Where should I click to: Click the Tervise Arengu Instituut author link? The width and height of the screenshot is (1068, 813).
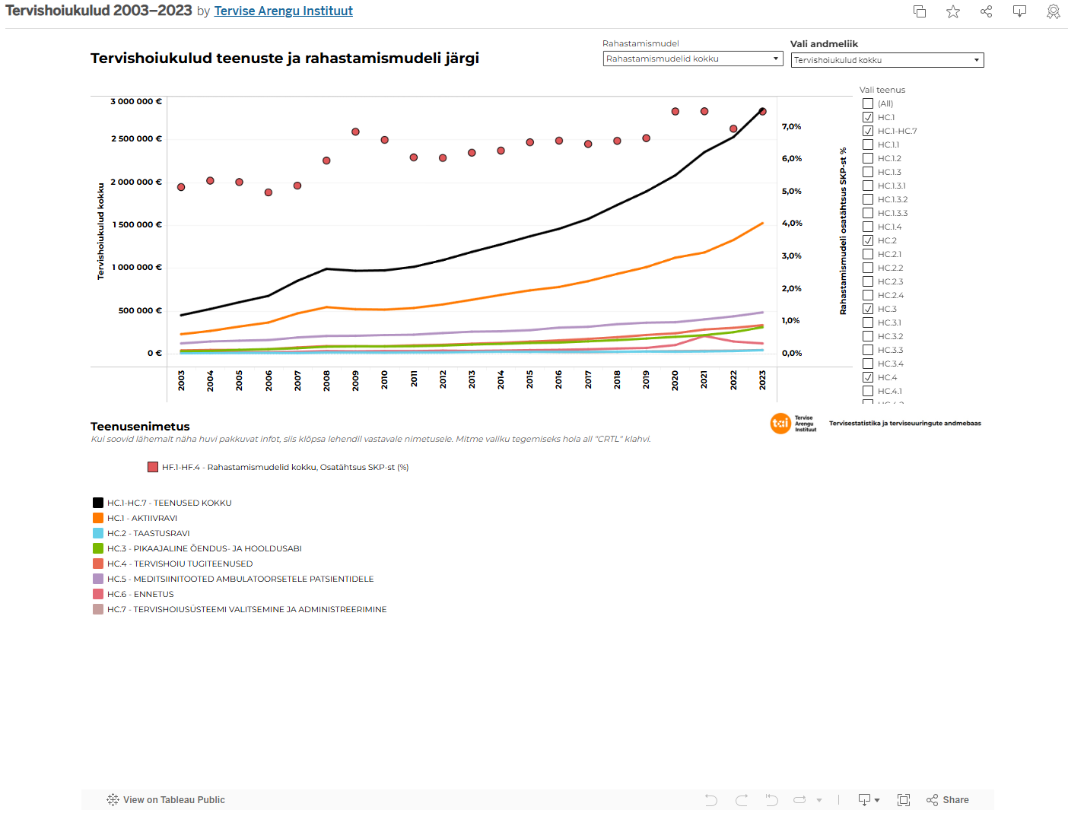click(x=283, y=11)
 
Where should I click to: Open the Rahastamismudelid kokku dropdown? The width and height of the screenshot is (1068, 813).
click(x=692, y=59)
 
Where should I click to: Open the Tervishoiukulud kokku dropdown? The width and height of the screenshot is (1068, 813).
click(x=886, y=60)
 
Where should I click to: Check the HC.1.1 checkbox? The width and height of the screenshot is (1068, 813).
click(x=868, y=144)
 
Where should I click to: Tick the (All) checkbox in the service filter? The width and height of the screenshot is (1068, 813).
click(x=868, y=103)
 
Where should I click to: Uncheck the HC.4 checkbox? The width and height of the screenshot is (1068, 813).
click(x=868, y=377)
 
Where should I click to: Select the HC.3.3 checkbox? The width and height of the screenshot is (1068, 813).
click(x=868, y=350)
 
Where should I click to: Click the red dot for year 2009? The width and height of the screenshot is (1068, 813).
click(x=355, y=132)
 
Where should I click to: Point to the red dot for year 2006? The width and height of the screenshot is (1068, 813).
click(x=269, y=192)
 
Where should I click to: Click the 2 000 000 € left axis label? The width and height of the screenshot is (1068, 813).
click(x=136, y=182)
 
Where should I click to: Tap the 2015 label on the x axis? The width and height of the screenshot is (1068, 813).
click(x=529, y=380)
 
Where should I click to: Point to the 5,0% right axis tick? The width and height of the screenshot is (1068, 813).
click(x=791, y=191)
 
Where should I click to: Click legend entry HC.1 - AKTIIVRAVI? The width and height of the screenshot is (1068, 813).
click(x=141, y=518)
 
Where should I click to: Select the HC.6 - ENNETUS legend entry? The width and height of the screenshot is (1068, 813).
click(x=140, y=594)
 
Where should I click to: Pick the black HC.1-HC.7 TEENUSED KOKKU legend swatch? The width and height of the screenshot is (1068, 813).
click(x=98, y=503)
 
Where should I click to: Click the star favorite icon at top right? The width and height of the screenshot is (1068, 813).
click(x=953, y=11)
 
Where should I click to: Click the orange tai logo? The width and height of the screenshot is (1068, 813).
click(x=780, y=424)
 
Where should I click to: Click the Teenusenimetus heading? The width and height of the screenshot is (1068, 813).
click(x=140, y=427)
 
